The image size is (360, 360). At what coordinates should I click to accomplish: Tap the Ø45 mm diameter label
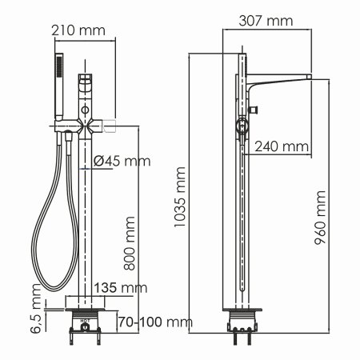[122, 162]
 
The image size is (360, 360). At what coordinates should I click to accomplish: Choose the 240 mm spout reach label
[282, 146]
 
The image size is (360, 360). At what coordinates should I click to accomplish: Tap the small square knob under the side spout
[256, 108]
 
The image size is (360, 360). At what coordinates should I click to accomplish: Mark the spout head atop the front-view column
[86, 85]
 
